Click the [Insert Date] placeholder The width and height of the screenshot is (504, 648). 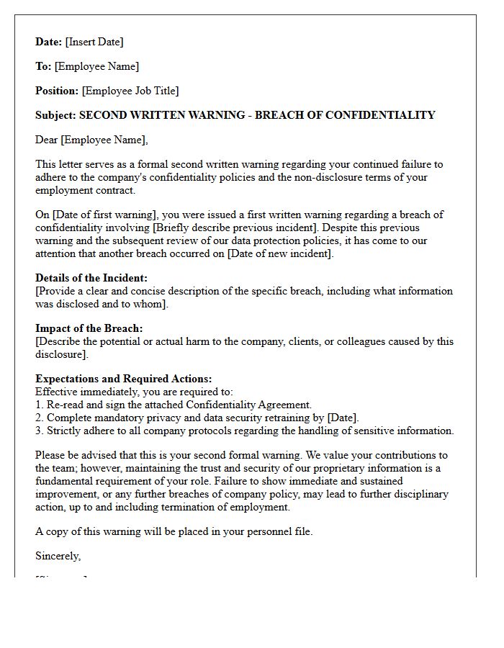click(94, 42)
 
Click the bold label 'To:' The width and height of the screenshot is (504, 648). click(43, 66)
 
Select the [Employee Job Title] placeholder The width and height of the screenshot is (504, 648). click(130, 91)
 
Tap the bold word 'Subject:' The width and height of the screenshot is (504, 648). click(55, 115)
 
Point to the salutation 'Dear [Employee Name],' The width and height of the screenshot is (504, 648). click(91, 140)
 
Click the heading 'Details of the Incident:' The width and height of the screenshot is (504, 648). click(91, 278)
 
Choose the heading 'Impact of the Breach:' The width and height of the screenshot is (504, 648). click(89, 328)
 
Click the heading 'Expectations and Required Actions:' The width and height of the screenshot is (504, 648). click(123, 379)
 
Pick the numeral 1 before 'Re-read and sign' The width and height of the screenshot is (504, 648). click(38, 405)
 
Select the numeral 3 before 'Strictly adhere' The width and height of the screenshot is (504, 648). click(38, 431)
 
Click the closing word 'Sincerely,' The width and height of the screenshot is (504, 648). click(58, 556)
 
